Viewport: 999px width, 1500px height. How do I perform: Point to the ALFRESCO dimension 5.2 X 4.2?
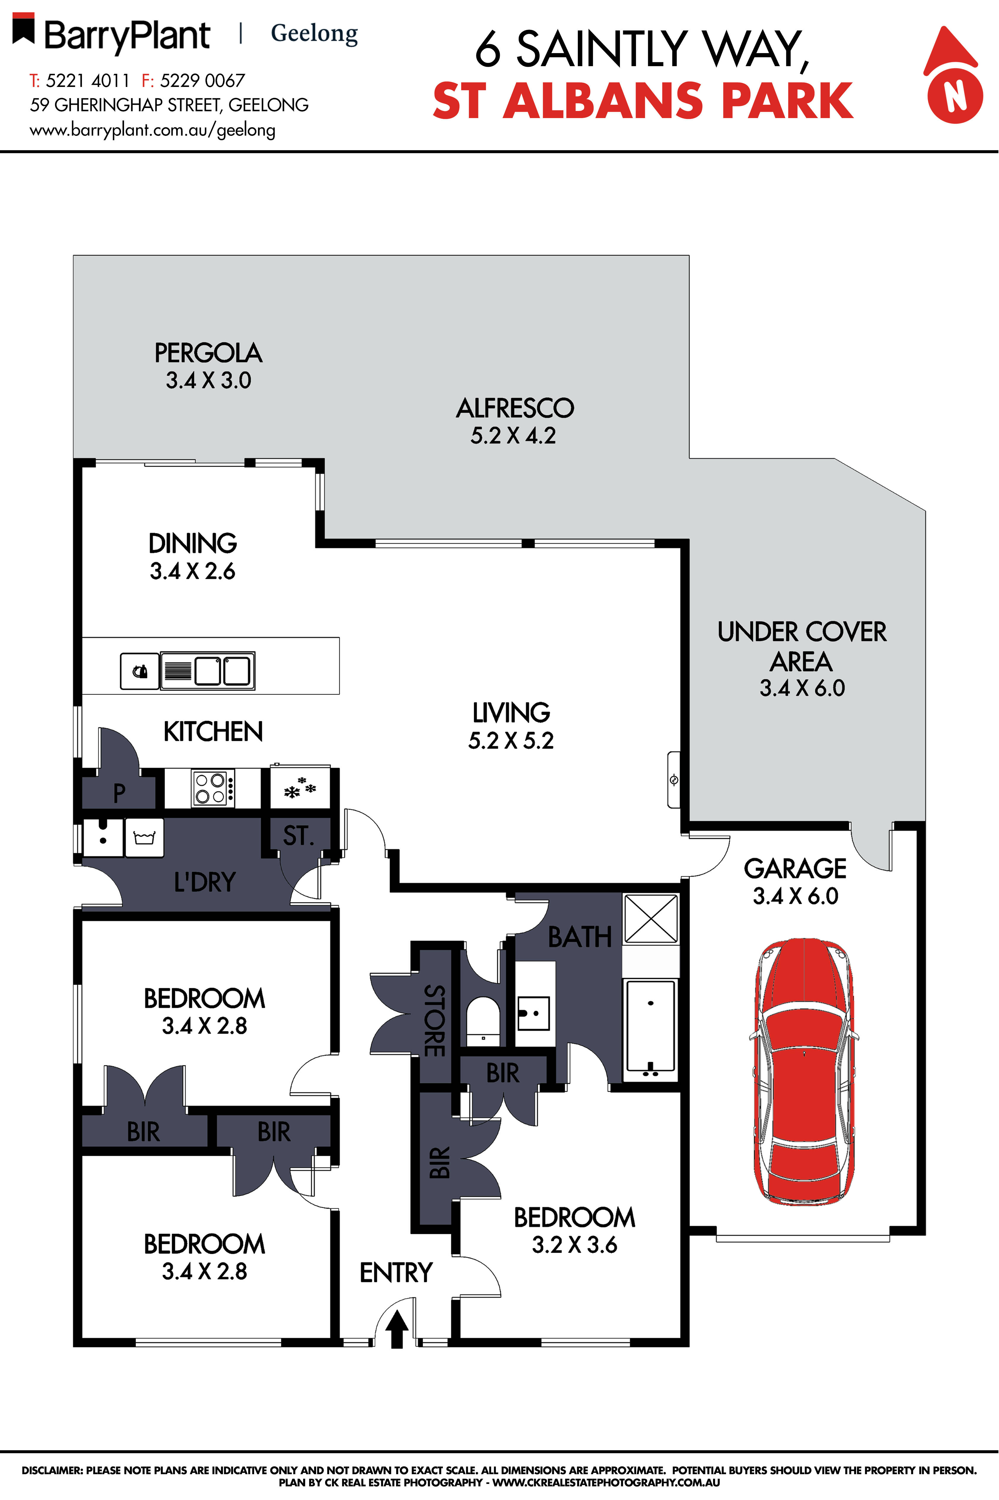pyautogui.click(x=513, y=436)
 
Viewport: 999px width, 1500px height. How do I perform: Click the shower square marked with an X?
pyautogui.click(x=650, y=919)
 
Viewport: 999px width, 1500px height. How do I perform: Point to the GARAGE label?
pyautogui.click(x=795, y=868)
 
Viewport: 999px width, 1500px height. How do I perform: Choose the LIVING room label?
pyautogui.click(x=511, y=712)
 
